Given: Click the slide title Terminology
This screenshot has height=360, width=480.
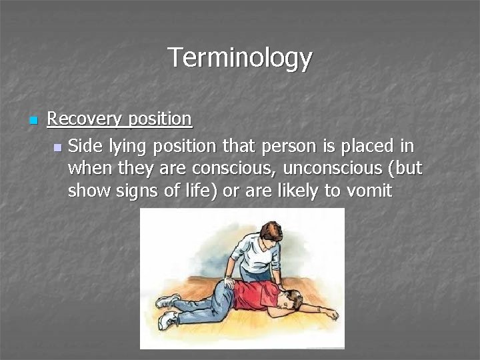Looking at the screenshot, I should pyautogui.click(x=239, y=58).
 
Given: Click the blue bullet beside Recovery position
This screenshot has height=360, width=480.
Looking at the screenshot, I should pyautogui.click(x=34, y=121).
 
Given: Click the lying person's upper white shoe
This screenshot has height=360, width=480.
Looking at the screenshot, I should pyautogui.click(x=166, y=301).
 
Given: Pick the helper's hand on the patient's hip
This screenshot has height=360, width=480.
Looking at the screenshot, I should pyautogui.click(x=229, y=283).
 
